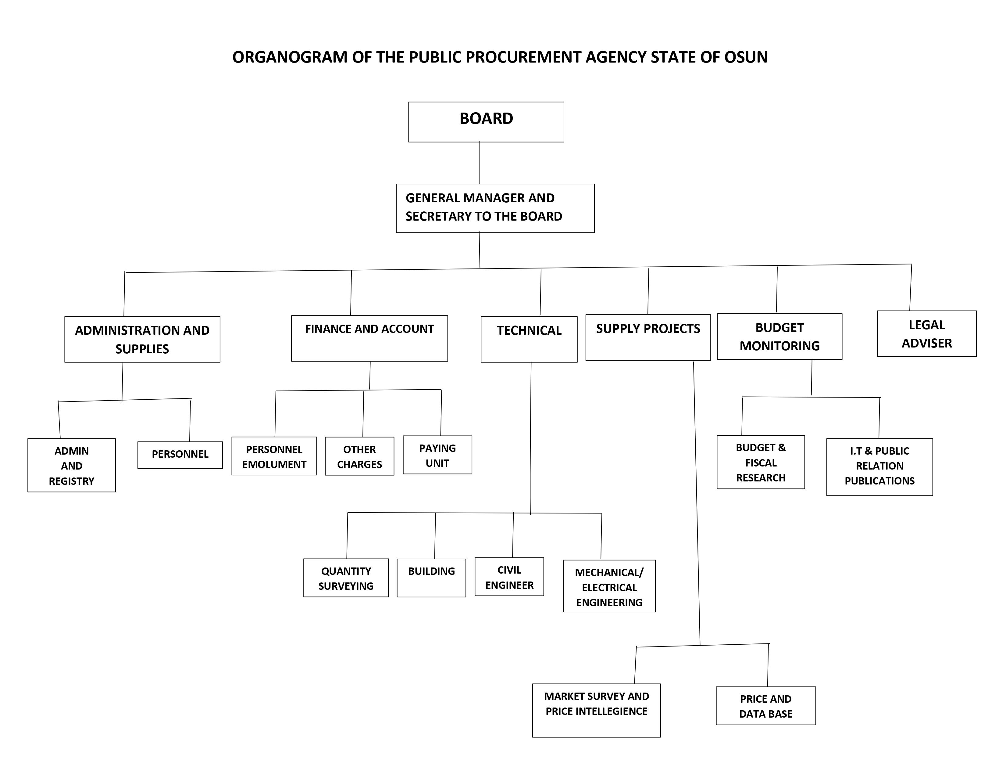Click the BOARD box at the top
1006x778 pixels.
tap(486, 122)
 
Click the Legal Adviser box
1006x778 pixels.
tap(926, 334)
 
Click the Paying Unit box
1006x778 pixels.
tap(437, 455)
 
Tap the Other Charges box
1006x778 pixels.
tap(359, 456)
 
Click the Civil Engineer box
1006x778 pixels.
tap(509, 577)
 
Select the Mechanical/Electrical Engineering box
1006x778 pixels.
tap(609, 586)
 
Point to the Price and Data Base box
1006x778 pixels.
tap(765, 706)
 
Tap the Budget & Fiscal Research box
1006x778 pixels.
tap(761, 462)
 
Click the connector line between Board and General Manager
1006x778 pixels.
tap(479, 163)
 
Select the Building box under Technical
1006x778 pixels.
tap(431, 578)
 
